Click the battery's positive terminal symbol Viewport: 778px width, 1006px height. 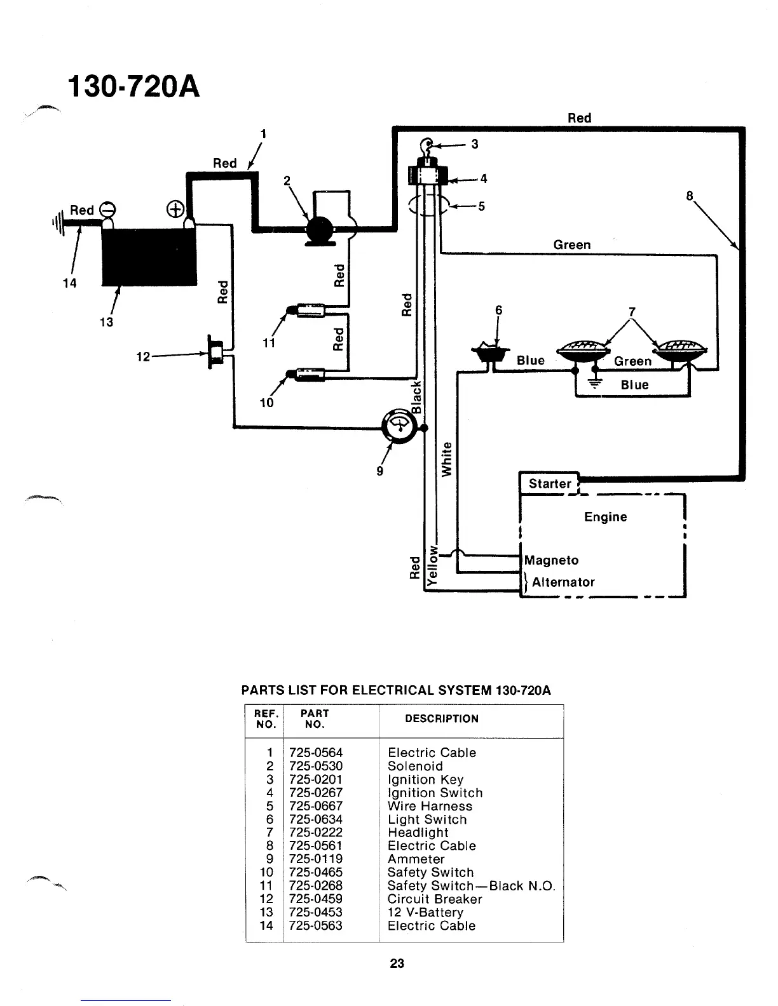coord(175,209)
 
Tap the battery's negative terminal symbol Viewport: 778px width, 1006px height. coord(107,209)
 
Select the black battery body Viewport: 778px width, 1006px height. coord(149,257)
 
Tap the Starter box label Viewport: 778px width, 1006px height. coord(550,483)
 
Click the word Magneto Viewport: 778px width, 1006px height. coord(551,560)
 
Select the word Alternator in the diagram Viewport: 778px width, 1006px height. coord(563,582)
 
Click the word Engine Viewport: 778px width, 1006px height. coord(605,517)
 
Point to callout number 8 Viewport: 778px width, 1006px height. coord(689,196)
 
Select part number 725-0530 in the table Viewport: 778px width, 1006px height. coord(315,766)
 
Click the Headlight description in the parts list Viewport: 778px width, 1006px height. coord(418,833)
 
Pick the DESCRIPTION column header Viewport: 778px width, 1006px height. coord(442,719)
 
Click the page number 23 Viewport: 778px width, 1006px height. coord(397,963)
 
